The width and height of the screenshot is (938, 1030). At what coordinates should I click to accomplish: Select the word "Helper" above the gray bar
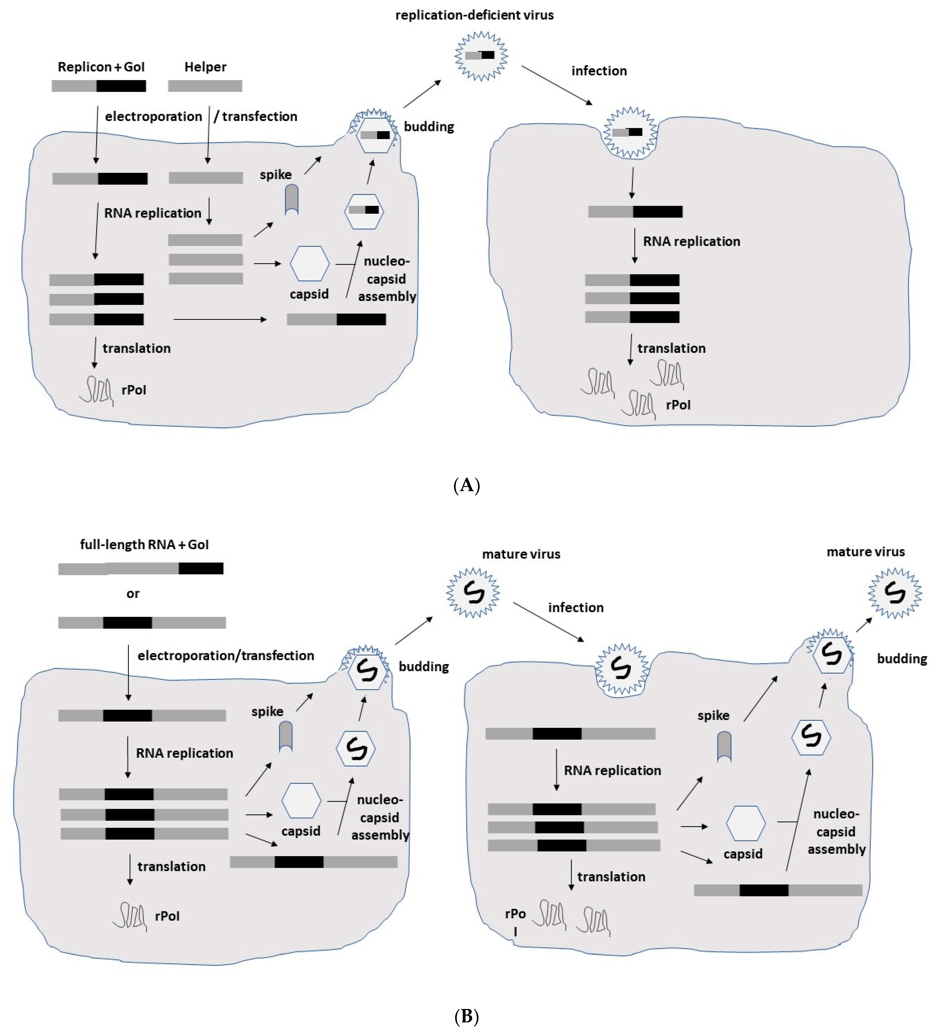(205, 67)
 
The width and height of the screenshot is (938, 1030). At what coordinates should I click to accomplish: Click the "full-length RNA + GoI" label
(144, 545)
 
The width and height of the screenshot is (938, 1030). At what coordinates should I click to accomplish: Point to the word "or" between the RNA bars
(133, 594)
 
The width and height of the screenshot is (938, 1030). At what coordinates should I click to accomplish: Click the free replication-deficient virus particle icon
(481, 56)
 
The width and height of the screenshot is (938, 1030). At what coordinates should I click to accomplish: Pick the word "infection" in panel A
(599, 71)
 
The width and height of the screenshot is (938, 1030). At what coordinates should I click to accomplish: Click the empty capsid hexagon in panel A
(309, 264)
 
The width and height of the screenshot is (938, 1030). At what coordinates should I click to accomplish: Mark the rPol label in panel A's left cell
(134, 390)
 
